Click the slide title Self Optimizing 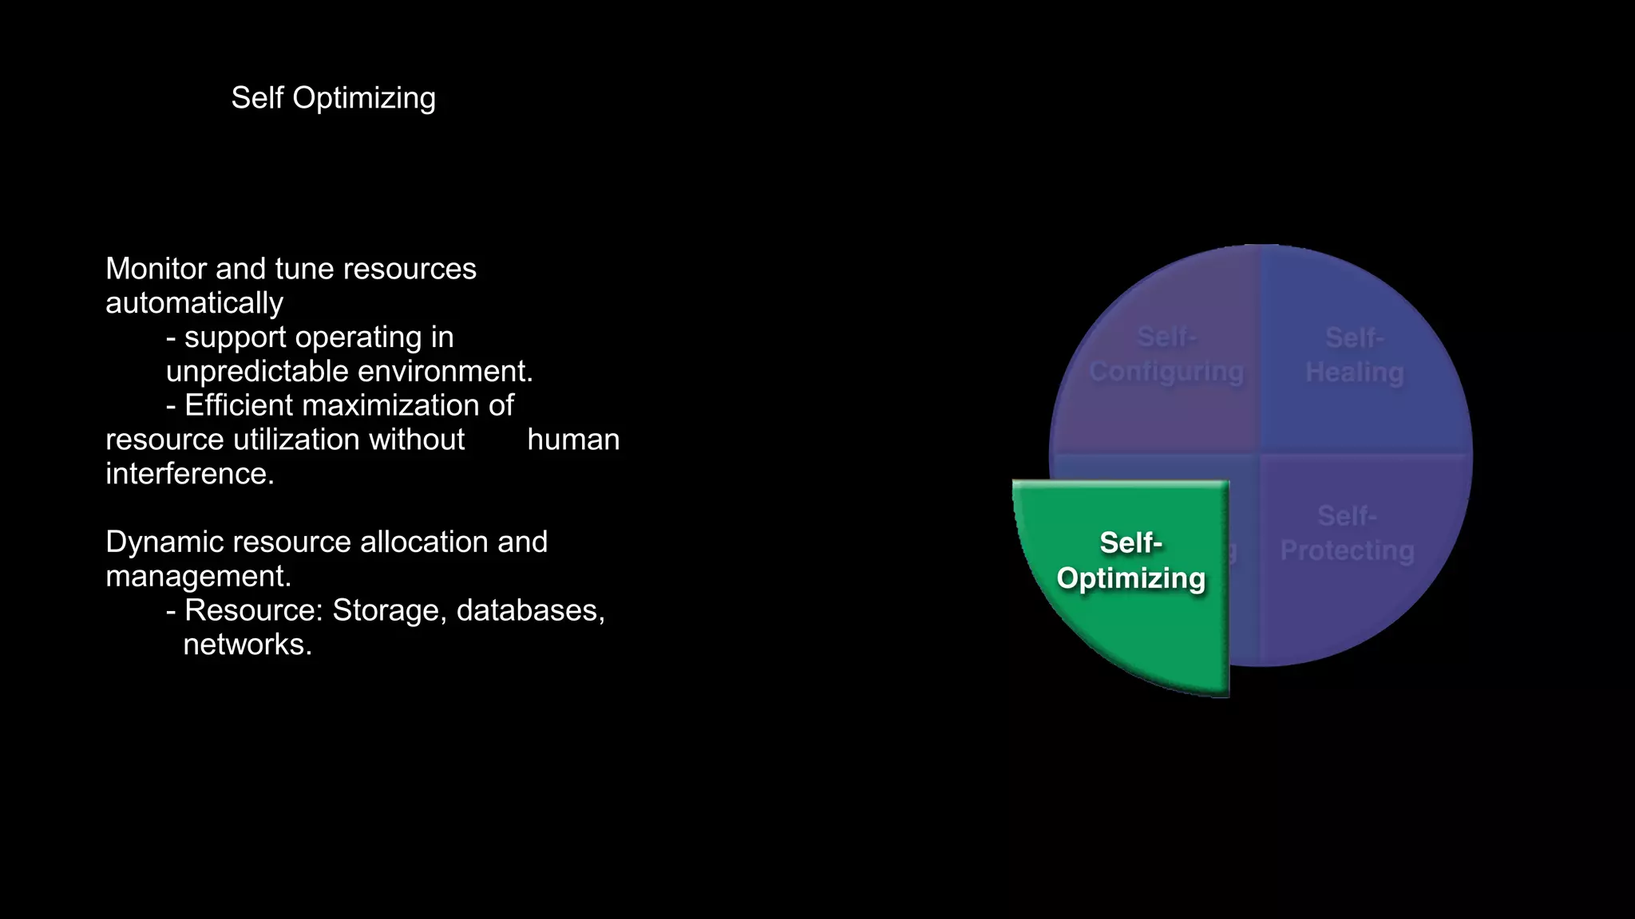click(333, 98)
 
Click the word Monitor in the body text click(156, 269)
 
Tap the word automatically click(194, 303)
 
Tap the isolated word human click(573, 440)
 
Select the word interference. click(189, 474)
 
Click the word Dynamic click(164, 542)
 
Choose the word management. click(198, 576)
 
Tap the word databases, click(530, 610)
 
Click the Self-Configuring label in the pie click(1166, 355)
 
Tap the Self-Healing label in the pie click(1354, 355)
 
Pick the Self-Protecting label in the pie click(1347, 534)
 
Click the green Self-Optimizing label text click(1130, 561)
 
